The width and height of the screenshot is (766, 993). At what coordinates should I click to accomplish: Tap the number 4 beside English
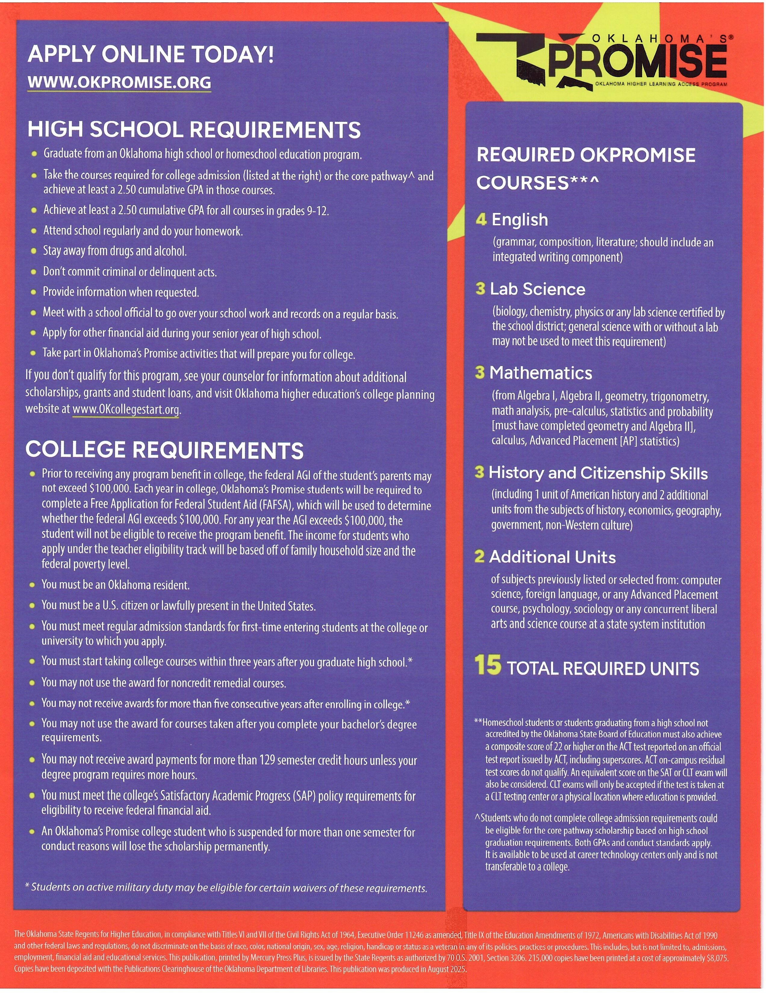(x=481, y=220)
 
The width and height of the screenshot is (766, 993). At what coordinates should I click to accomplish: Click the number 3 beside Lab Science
(x=480, y=289)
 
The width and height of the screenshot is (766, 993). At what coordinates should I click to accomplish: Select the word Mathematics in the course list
(x=541, y=373)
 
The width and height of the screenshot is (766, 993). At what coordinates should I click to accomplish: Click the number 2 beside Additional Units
(x=479, y=556)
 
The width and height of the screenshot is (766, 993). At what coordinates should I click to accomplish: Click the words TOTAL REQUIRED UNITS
(x=603, y=669)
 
